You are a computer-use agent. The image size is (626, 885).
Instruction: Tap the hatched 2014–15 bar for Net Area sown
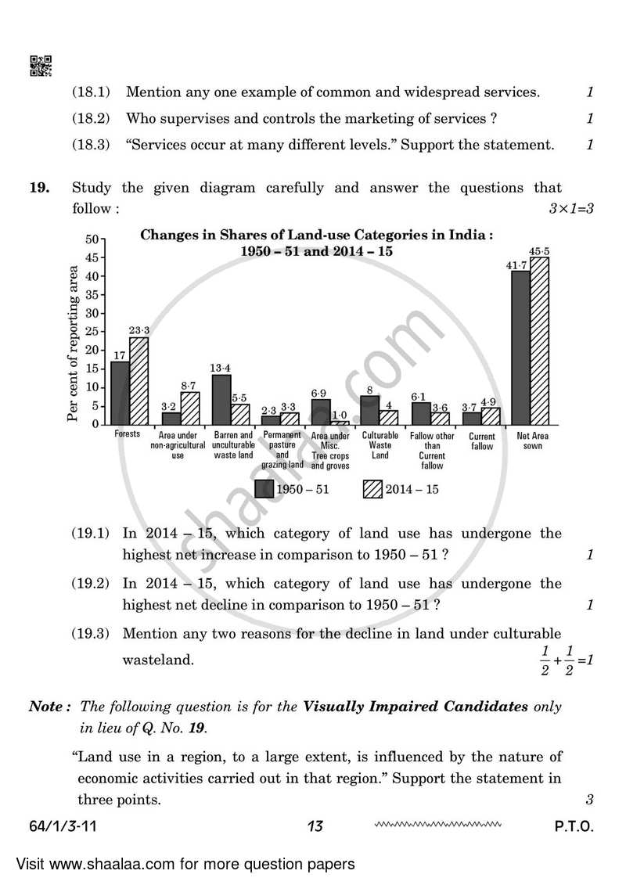(x=539, y=341)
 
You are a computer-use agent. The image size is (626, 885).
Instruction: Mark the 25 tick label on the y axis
(x=91, y=332)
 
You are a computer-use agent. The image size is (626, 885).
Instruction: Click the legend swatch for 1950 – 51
(x=264, y=489)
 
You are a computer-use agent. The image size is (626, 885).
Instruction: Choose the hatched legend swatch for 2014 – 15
(x=372, y=489)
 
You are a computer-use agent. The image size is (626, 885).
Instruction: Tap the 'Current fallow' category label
(x=482, y=441)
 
